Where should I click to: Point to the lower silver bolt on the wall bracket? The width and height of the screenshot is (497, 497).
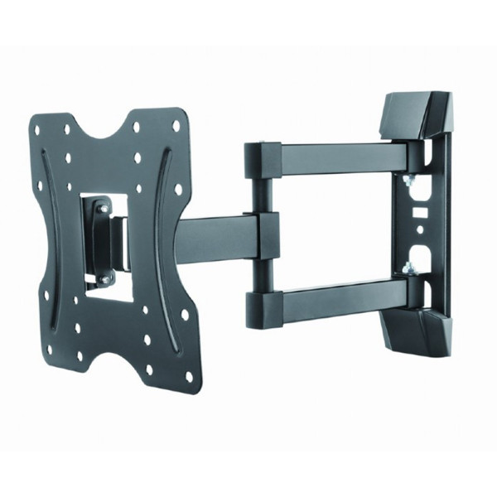coord(408,267)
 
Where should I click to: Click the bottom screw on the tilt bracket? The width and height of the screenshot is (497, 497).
coord(104,281)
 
